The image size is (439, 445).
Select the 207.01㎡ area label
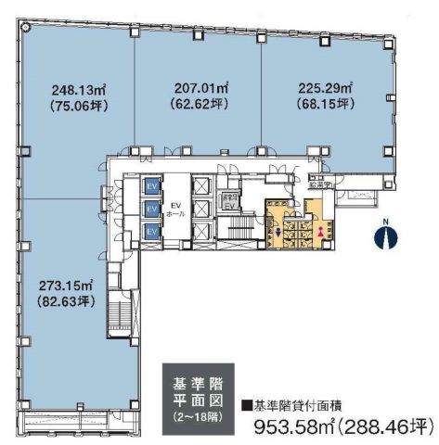click(x=200, y=88)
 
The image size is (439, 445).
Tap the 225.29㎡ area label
click(x=325, y=89)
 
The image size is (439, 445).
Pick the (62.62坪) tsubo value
click(x=200, y=104)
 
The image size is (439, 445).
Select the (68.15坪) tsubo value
click(x=325, y=105)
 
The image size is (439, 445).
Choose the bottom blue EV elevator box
click(x=148, y=229)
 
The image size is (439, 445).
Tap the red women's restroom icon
click(x=321, y=231)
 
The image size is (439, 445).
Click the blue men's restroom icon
click(x=280, y=233)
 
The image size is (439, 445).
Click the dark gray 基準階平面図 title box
click(x=197, y=393)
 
